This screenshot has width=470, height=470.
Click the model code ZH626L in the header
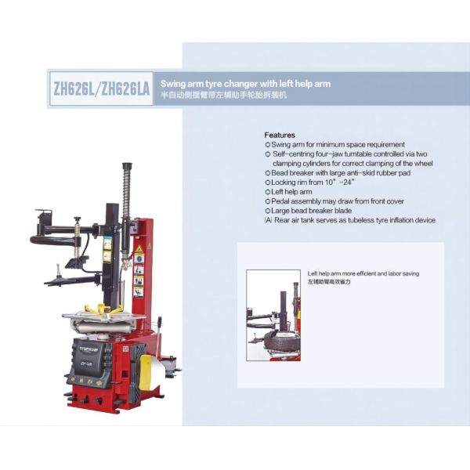tap(72, 89)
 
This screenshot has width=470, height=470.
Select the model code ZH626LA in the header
tap(124, 89)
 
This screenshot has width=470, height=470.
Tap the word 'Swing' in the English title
tap(172, 83)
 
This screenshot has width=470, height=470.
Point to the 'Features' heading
tap(280, 135)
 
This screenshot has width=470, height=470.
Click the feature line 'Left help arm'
tap(291, 192)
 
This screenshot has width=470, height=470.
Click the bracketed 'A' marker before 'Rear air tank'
tap(268, 220)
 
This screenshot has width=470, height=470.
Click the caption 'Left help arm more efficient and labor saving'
tap(363, 274)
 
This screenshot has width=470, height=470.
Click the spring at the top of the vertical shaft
tap(125, 192)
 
